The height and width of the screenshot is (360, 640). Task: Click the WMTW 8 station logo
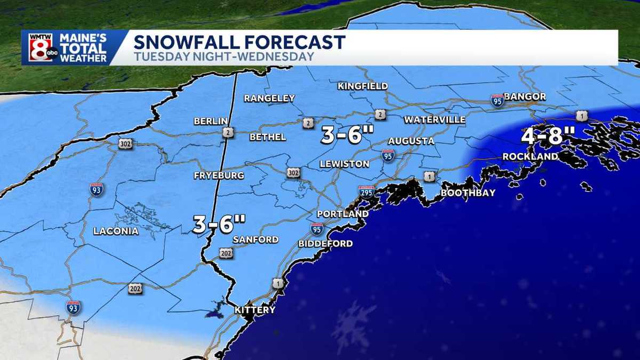click(40, 47)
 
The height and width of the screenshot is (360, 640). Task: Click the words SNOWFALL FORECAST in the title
click(239, 42)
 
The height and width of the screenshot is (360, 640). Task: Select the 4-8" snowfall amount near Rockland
click(542, 137)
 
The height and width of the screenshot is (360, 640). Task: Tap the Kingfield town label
click(363, 86)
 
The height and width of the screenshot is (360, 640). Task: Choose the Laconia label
click(116, 231)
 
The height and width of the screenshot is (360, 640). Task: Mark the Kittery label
click(255, 310)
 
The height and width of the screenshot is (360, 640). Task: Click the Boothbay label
click(468, 193)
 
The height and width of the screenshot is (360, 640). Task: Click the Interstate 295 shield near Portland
click(366, 192)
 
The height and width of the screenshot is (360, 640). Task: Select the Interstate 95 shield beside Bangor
click(497, 100)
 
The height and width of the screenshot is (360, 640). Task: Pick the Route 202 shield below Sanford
click(226, 253)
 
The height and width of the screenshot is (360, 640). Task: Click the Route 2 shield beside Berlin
click(228, 133)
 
